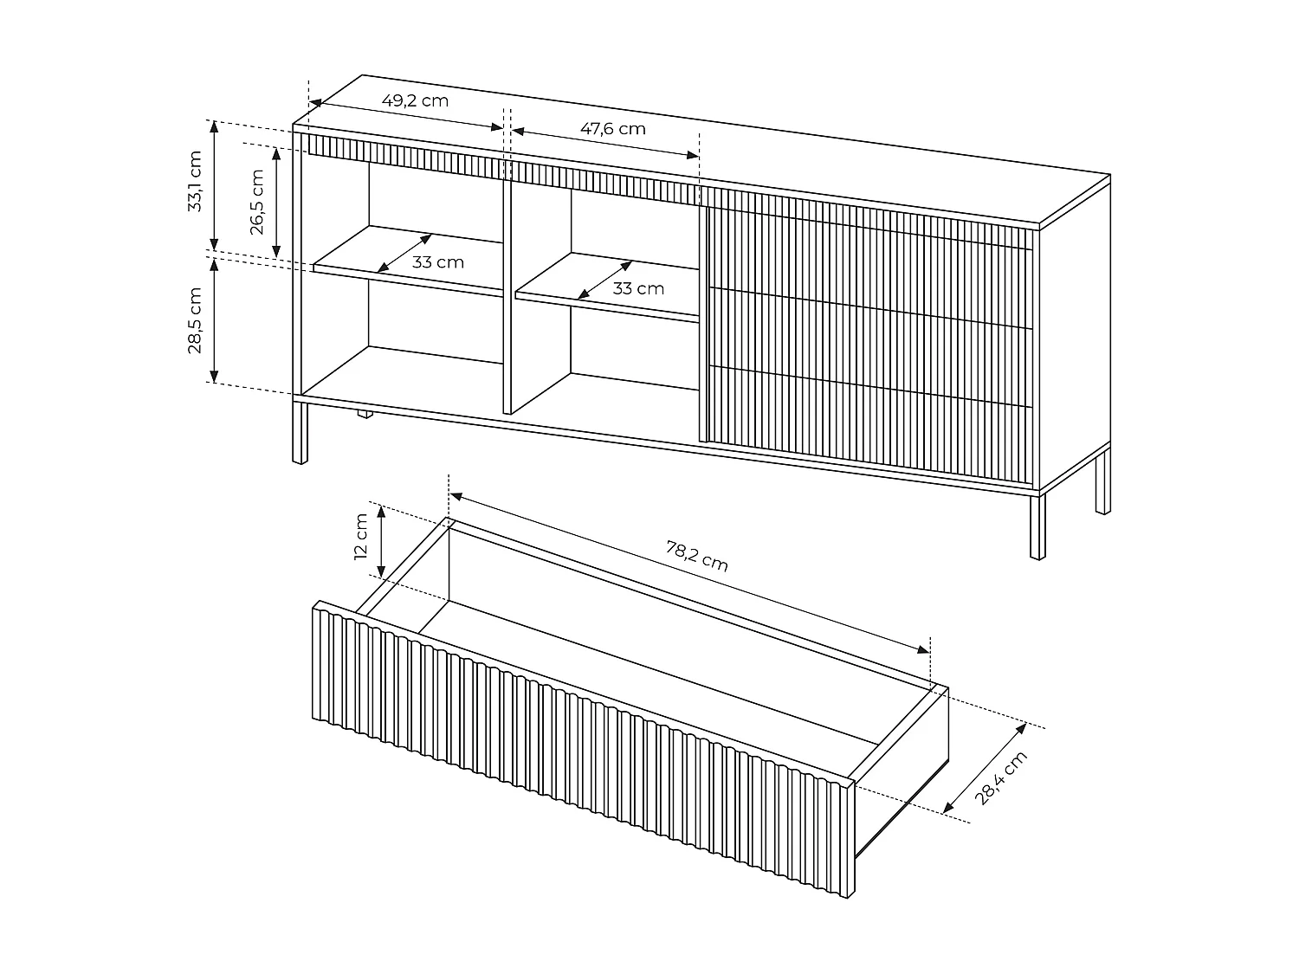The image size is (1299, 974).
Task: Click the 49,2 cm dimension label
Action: (415, 100)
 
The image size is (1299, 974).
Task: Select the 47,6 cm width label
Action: (612, 129)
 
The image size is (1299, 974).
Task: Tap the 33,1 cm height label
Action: (195, 181)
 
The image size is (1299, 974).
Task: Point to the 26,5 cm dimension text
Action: (257, 203)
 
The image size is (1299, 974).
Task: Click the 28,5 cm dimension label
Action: (195, 321)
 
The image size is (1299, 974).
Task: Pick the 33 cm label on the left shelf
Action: (438, 262)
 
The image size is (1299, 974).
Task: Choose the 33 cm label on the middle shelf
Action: (638, 288)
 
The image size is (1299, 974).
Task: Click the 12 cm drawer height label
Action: (360, 537)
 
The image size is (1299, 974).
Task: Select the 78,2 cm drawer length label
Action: (696, 557)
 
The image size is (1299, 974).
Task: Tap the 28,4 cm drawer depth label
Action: (1001, 777)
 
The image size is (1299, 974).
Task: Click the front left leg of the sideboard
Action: (300, 433)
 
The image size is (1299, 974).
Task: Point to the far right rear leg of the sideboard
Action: (1102, 481)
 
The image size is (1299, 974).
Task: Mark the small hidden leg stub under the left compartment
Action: (365, 414)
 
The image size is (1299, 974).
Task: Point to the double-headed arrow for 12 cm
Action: (381, 542)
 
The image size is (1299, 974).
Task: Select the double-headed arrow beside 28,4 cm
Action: (984, 768)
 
